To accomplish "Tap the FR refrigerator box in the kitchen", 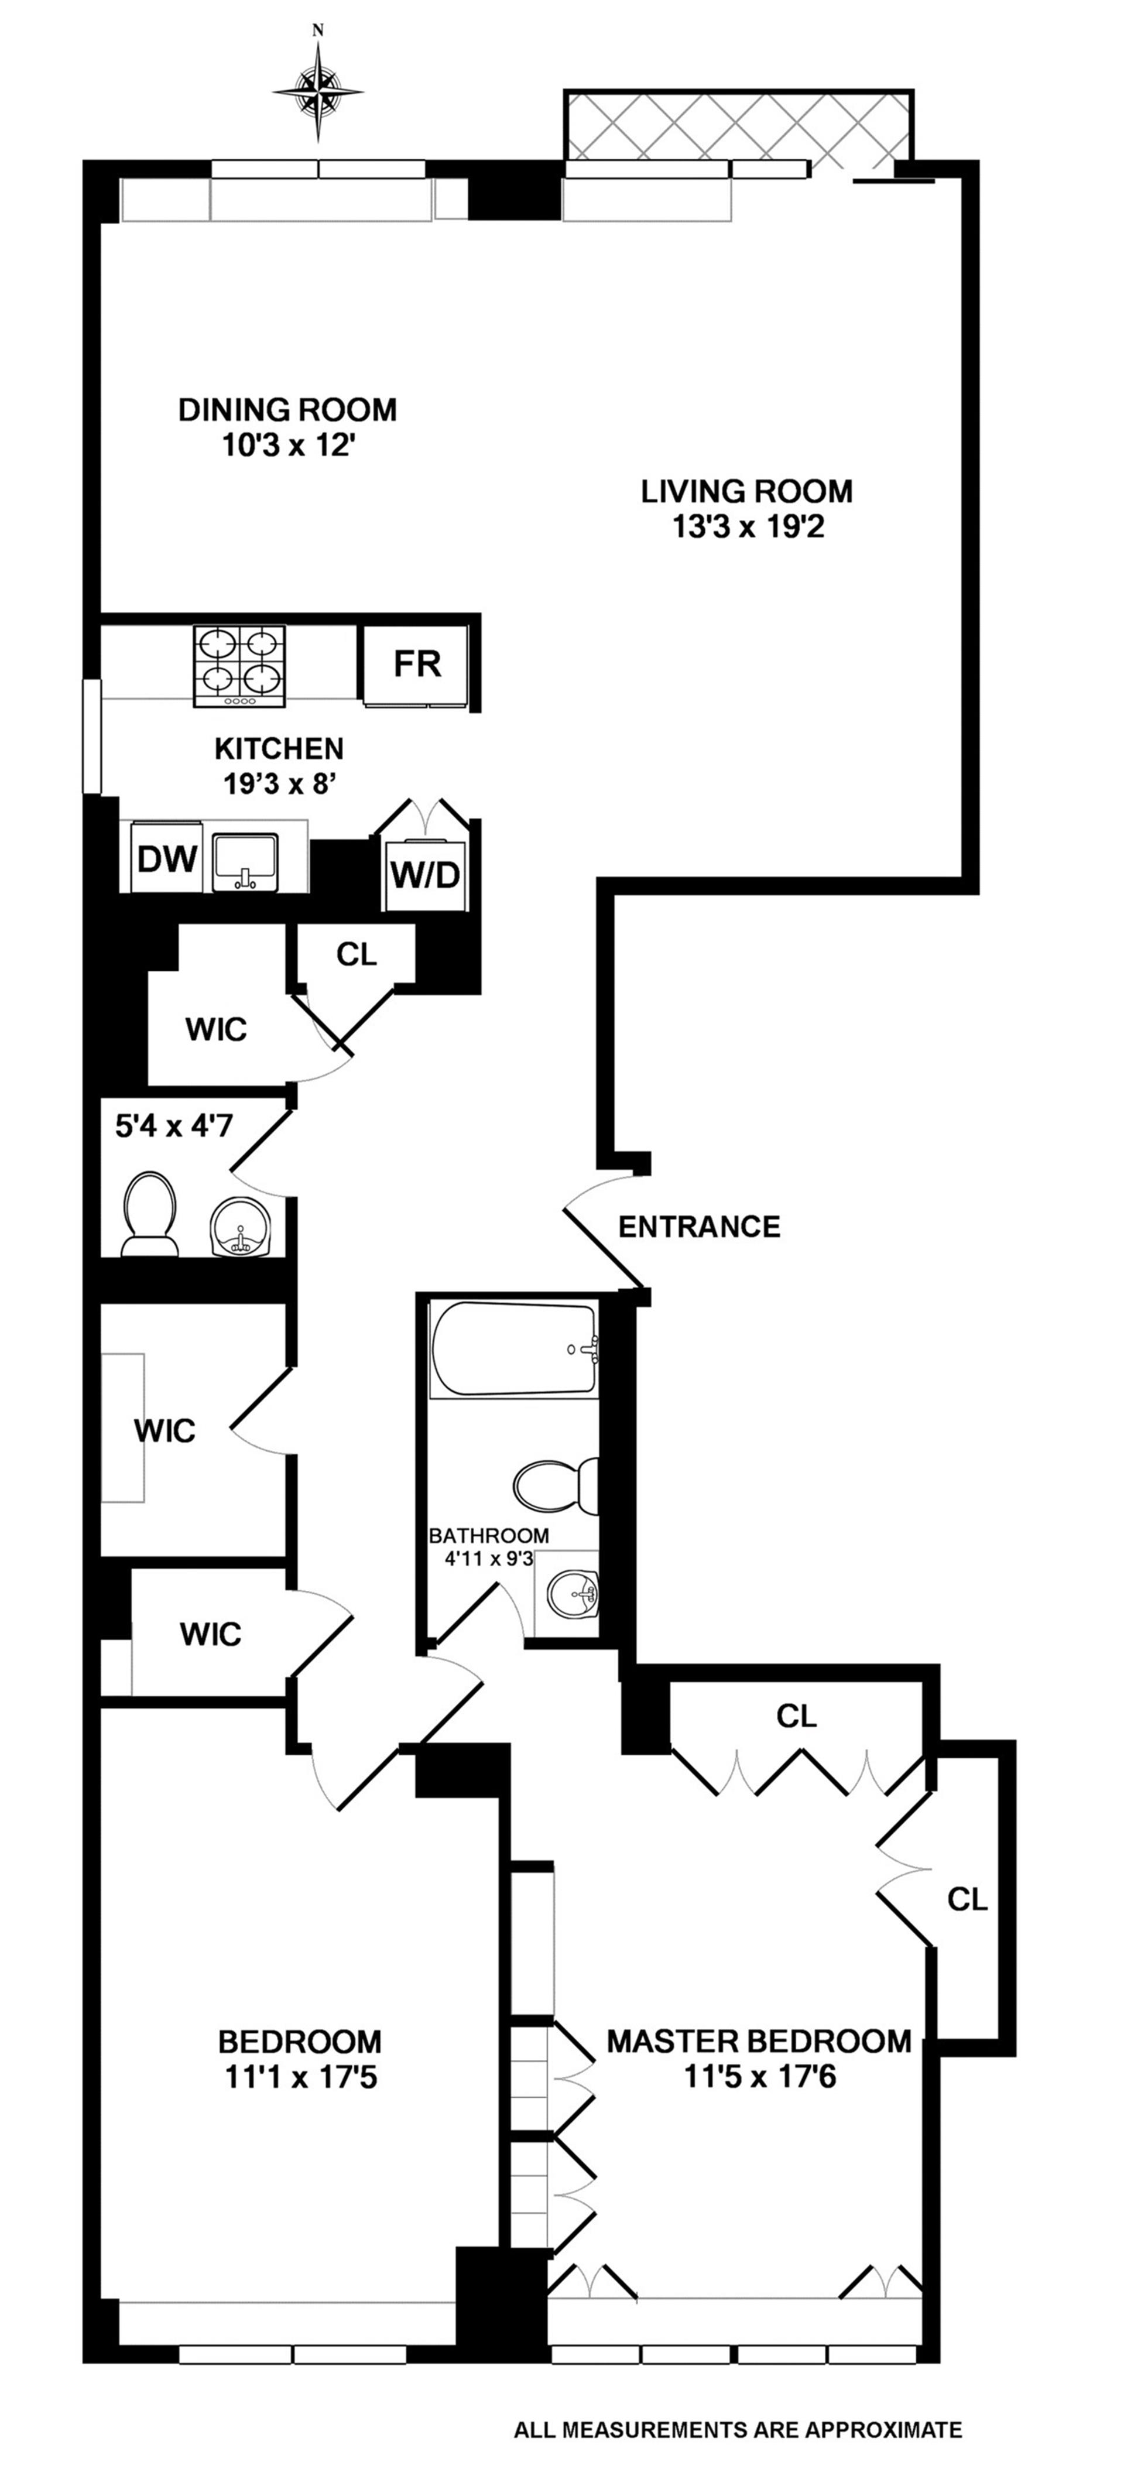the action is click(x=417, y=664).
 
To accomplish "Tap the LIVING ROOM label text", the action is click(x=747, y=492).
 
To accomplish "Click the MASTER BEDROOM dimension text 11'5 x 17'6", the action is click(x=759, y=2077).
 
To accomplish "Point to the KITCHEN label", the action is click(x=278, y=748).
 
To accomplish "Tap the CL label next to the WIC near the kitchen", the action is click(x=356, y=954).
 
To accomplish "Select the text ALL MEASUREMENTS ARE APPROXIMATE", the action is click(x=737, y=2430).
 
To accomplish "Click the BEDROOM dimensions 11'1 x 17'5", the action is click(x=300, y=2077).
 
